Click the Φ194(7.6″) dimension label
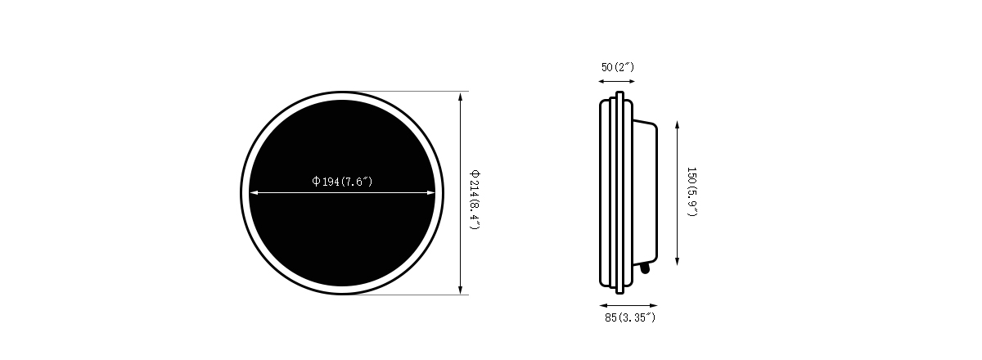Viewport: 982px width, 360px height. pos(342,182)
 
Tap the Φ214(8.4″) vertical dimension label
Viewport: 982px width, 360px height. pos(475,200)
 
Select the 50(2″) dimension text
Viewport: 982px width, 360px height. pos(618,67)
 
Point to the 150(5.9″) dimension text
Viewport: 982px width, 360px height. pos(691,191)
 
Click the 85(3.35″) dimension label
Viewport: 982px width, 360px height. pos(630,317)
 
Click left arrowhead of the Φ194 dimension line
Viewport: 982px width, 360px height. pos(254,192)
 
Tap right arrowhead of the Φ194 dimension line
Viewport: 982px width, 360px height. pos(430,192)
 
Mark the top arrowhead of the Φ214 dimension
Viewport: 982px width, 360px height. pos(460,97)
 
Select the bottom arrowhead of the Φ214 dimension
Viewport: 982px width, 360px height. pos(460,290)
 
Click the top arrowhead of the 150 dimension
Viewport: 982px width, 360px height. pos(678,125)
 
